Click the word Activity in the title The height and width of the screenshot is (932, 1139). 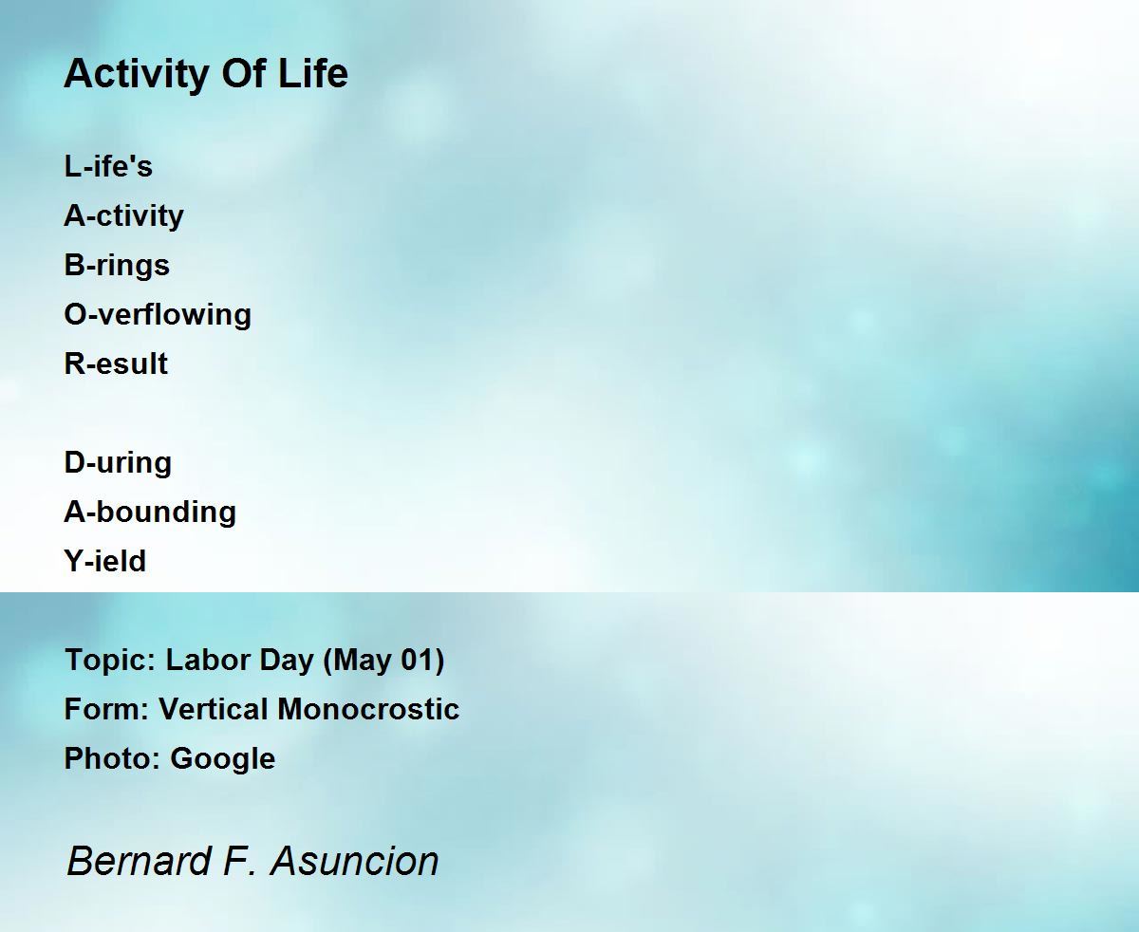pyautogui.click(x=137, y=74)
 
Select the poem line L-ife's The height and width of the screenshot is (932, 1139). pyautogui.click(x=108, y=165)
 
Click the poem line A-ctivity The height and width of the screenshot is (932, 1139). pyautogui.click(x=123, y=216)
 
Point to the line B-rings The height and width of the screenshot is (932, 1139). pyautogui.click(x=117, y=266)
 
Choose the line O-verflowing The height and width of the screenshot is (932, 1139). pyautogui.click(x=158, y=315)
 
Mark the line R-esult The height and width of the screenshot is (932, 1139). pyautogui.click(x=116, y=363)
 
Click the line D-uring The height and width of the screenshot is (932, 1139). pyautogui.click(x=118, y=463)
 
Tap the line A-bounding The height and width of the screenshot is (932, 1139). pyautogui.click(x=150, y=513)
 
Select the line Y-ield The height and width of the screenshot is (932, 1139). pyautogui.click(x=104, y=561)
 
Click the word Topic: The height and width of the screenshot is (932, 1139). pyautogui.click(x=110, y=661)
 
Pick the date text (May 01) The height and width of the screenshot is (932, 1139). pyautogui.click(x=383, y=661)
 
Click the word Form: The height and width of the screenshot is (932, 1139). pyautogui.click(x=106, y=709)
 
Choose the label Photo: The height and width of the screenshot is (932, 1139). pyautogui.click(x=112, y=758)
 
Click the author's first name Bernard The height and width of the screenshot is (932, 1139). pyautogui.click(x=139, y=861)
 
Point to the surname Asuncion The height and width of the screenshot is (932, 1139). pyautogui.click(x=355, y=861)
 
